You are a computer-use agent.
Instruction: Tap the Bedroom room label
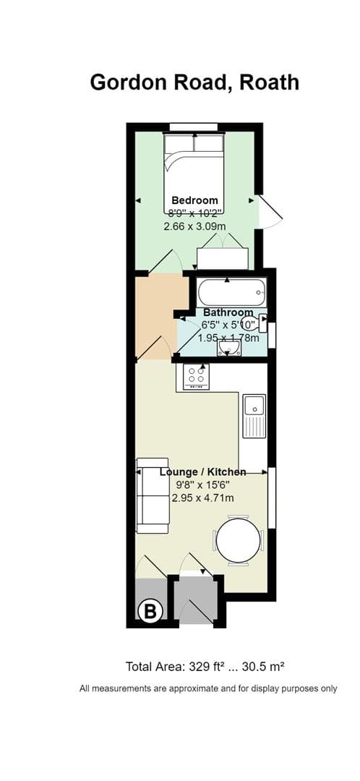click(x=194, y=200)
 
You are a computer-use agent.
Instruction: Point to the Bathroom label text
click(x=228, y=313)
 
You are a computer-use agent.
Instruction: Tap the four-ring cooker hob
click(x=196, y=375)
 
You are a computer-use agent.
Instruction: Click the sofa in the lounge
click(x=153, y=495)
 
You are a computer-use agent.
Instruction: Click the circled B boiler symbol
click(x=150, y=612)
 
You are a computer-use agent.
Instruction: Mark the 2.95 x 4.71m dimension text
click(x=202, y=498)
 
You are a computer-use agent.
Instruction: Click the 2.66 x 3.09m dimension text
click(x=194, y=226)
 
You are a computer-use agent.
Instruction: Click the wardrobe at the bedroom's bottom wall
click(x=223, y=258)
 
